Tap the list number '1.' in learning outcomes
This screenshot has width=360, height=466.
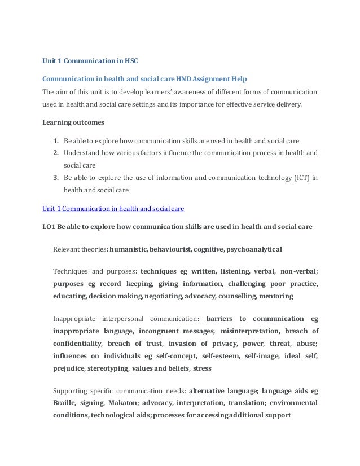(x=56, y=140)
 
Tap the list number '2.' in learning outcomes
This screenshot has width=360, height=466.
(x=56, y=153)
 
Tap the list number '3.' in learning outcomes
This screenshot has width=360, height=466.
(x=56, y=178)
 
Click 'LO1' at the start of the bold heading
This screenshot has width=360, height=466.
(x=50, y=227)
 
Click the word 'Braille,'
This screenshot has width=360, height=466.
(x=65, y=403)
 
